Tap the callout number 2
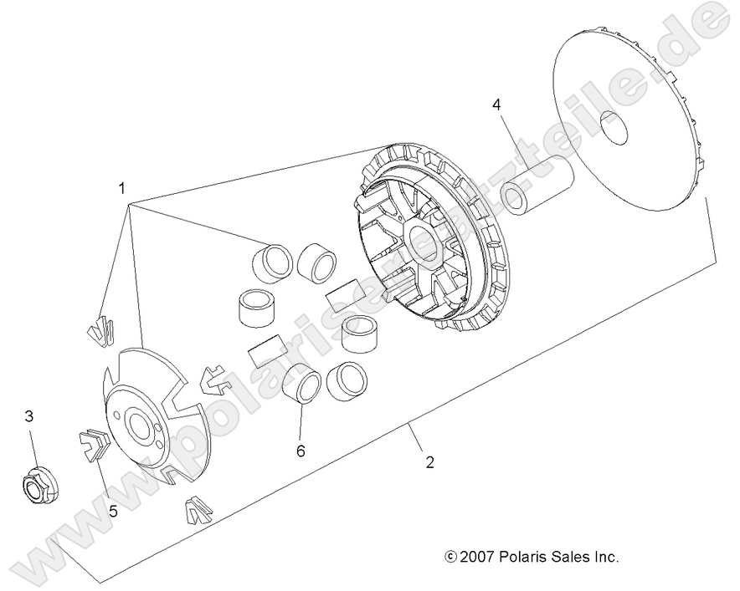(429, 461)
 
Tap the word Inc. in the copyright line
(604, 556)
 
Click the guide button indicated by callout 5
(93, 443)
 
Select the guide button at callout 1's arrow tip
(101, 329)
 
